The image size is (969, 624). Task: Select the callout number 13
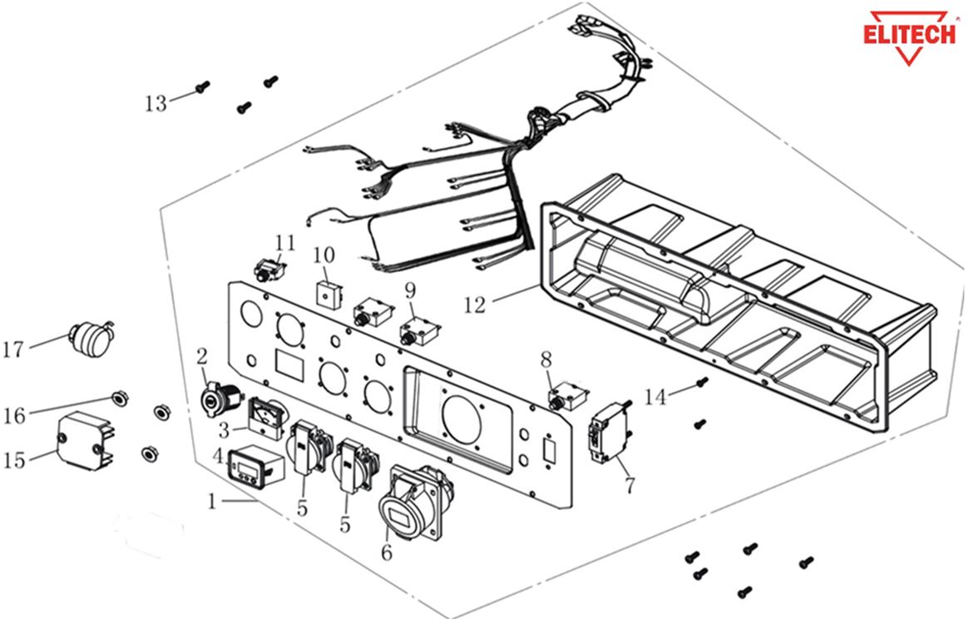[155, 103]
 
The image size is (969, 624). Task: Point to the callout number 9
[409, 290]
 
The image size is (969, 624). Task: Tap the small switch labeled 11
[269, 270]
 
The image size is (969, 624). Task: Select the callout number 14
[655, 397]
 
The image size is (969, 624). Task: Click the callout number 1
[212, 502]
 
